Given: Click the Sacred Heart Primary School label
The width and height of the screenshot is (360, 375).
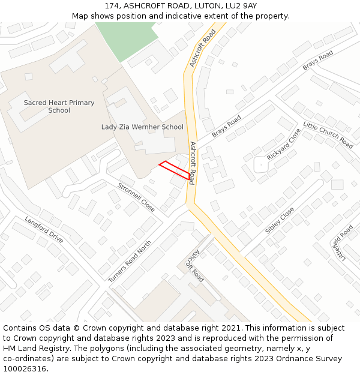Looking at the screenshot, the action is coord(59,106).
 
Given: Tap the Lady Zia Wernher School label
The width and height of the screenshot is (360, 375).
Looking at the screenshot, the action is coord(142,127).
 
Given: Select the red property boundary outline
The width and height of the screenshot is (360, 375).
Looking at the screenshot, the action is coord(177,170).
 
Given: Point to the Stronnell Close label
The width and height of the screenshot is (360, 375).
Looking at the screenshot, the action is coord(136,197).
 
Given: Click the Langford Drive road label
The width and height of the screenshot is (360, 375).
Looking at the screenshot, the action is coord(44,229).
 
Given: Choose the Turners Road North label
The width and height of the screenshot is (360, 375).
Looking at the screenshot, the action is coord(130,262).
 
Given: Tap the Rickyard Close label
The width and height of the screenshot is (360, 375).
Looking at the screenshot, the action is coord(284,144).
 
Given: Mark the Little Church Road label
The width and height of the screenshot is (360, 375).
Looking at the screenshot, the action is coord(328,134).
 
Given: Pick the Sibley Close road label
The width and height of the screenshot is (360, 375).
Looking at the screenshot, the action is coord(280,221).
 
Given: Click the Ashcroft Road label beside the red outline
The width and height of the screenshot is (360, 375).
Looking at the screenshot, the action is coord(192,163).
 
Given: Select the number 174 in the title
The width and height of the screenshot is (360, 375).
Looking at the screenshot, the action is coord(112,5).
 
